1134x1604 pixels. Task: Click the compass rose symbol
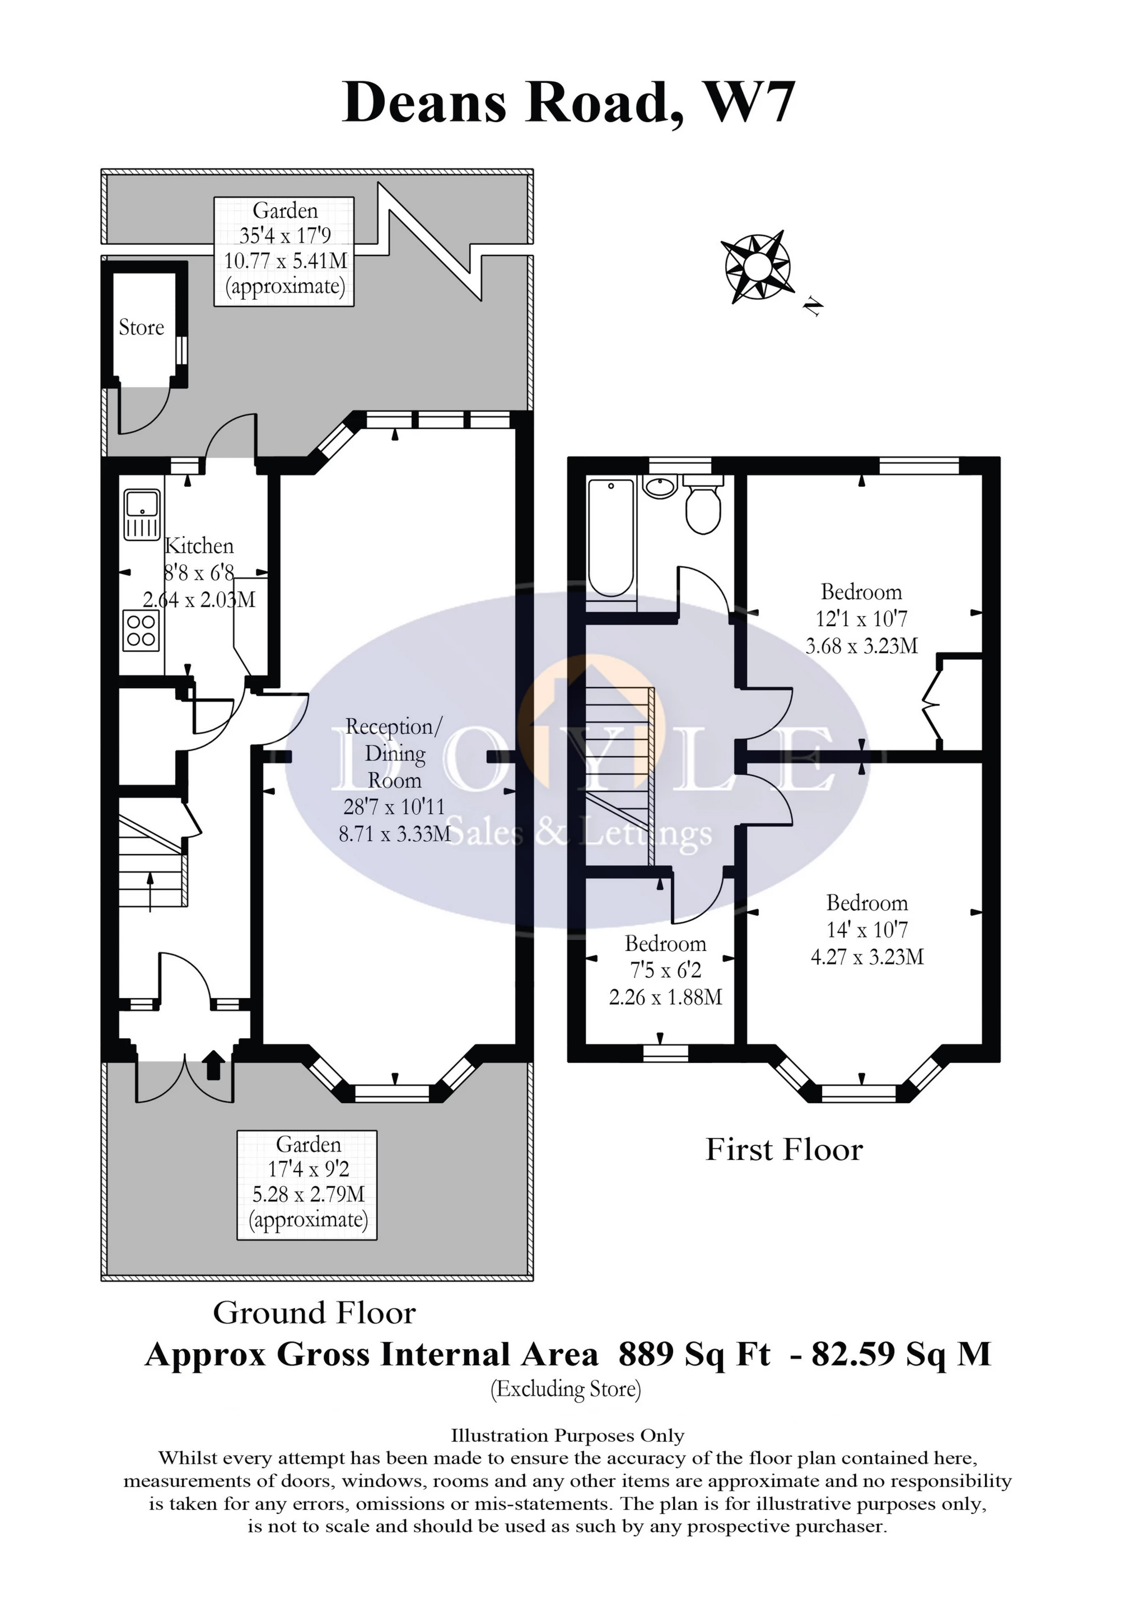pyautogui.click(x=756, y=267)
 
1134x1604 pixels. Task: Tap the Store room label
pyautogui.click(x=141, y=327)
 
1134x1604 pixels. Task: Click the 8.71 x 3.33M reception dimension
pyautogui.click(x=395, y=833)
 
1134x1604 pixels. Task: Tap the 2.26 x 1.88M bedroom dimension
pyautogui.click(x=665, y=997)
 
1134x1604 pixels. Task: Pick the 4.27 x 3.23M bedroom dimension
pyautogui.click(x=867, y=957)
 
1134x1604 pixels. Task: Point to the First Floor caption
pyautogui.click(x=784, y=1150)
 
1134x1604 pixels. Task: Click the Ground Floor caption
pyautogui.click(x=314, y=1313)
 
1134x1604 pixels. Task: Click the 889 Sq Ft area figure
pyautogui.click(x=694, y=1355)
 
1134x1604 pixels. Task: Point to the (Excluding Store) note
pyautogui.click(x=566, y=1389)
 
